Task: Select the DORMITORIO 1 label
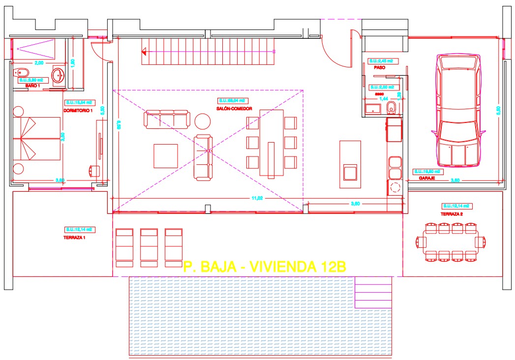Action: [78, 111]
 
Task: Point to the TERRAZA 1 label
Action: [75, 237]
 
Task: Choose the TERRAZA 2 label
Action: [453, 214]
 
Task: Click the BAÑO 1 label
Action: [32, 86]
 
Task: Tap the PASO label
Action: [379, 68]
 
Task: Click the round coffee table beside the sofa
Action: [202, 120]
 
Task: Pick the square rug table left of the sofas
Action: [166, 156]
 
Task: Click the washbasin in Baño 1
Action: [58, 75]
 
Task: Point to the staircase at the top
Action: [208, 52]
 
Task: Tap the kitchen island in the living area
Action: [350, 165]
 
